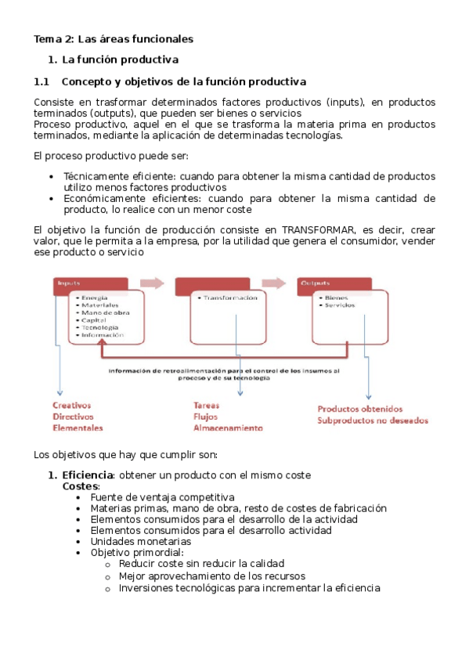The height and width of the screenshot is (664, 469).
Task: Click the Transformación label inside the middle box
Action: coord(229,298)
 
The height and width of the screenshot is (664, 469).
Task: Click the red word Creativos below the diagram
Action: coord(72,406)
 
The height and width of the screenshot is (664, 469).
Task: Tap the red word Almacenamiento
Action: coord(228,428)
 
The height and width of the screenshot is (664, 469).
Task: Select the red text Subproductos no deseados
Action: coord(372,420)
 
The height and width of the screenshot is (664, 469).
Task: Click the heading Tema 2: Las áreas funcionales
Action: coord(114,38)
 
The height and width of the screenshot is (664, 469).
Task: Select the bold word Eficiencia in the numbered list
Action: coord(88,475)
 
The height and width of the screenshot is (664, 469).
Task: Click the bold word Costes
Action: coord(81,486)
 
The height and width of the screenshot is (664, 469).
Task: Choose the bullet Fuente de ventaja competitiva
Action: coord(162,497)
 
